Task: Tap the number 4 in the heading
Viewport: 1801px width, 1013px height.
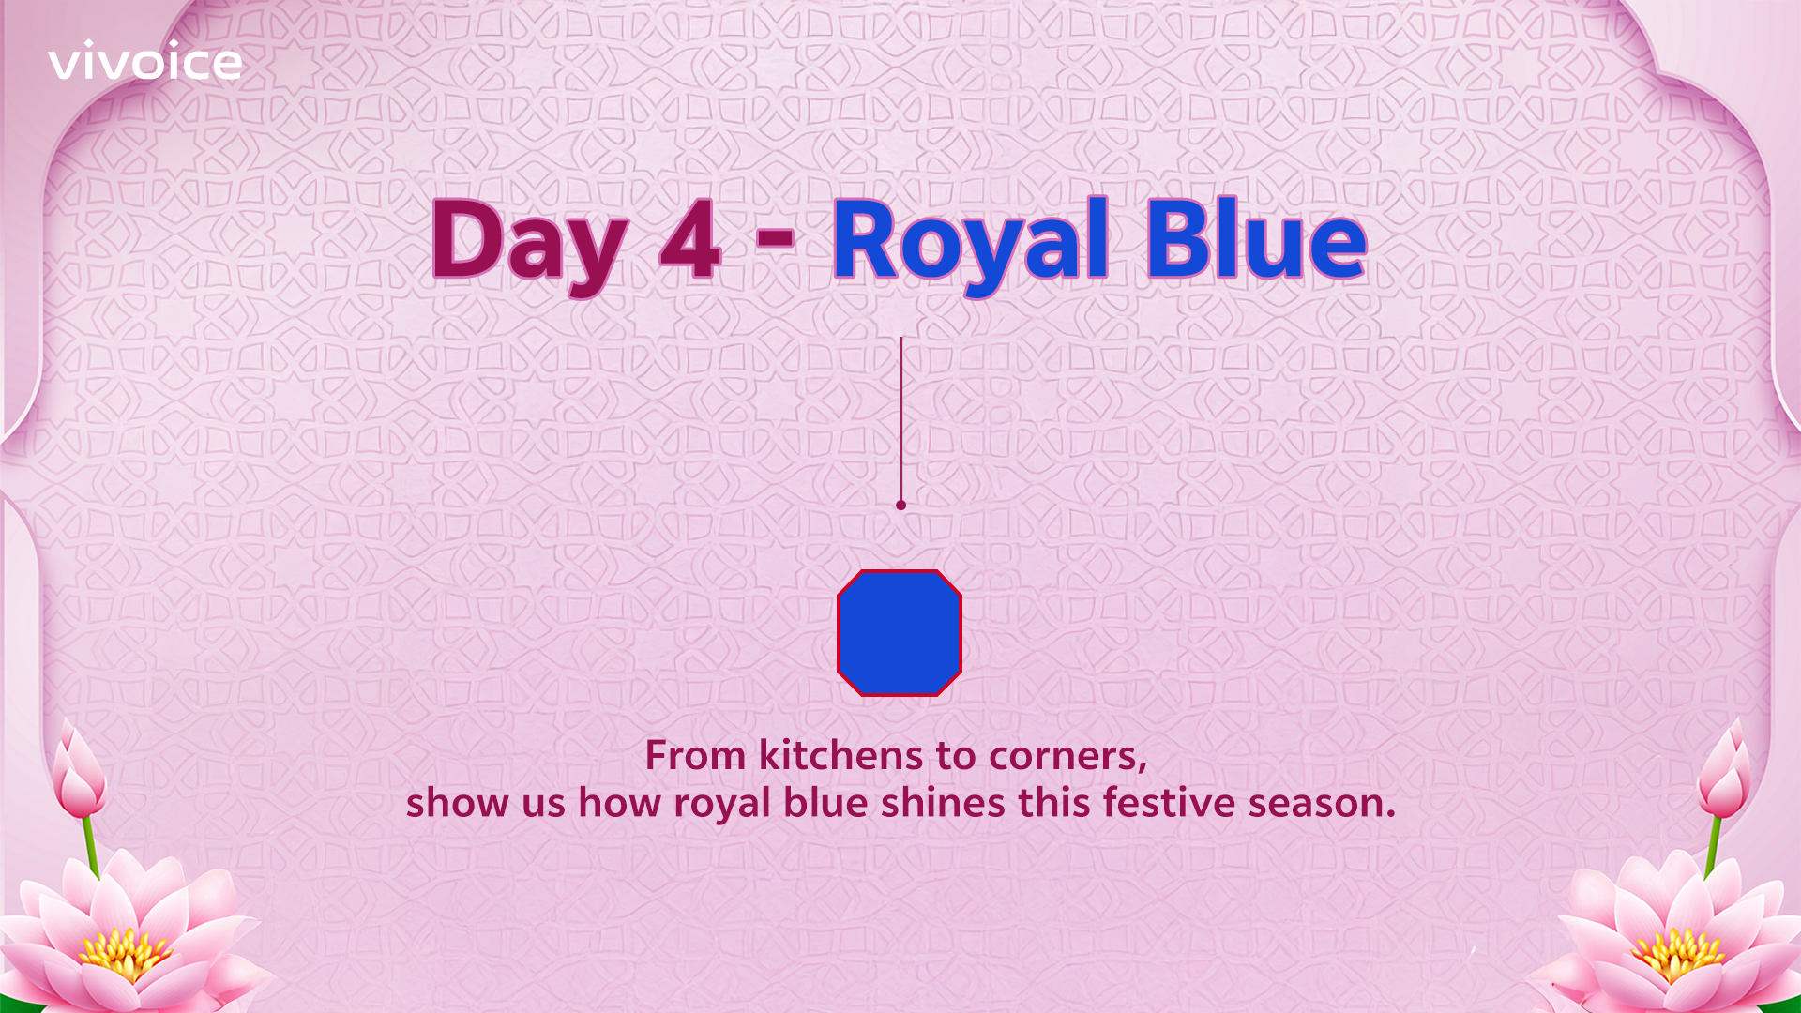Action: pos(690,239)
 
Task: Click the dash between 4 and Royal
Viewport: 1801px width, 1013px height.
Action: pos(775,236)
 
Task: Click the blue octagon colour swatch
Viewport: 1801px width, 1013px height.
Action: pos(900,633)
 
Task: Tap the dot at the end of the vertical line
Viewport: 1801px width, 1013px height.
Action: pos(901,506)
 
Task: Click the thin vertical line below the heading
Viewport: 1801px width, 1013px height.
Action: pos(901,419)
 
